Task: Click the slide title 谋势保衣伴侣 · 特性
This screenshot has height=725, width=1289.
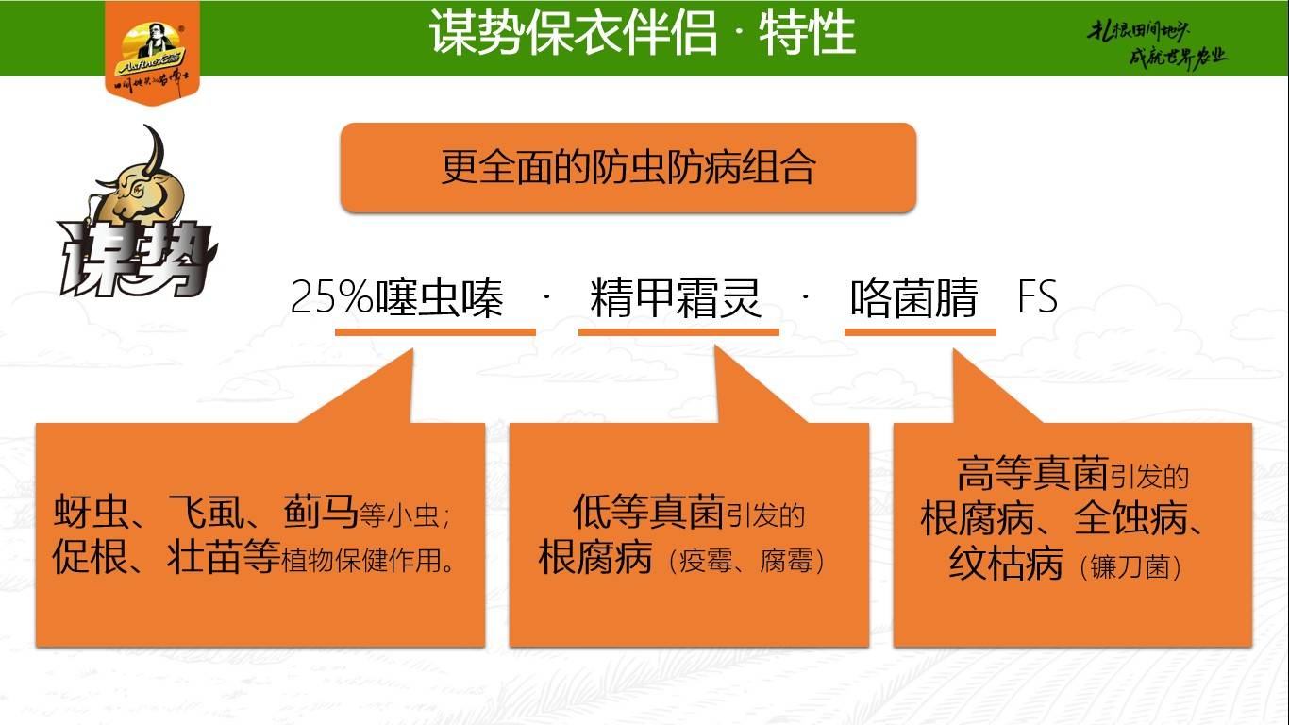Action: coord(643,34)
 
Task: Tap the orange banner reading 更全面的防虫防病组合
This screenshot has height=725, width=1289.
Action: coord(628,168)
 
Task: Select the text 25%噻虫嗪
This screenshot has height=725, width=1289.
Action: coord(396,299)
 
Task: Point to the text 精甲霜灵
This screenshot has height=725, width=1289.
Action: coord(676,299)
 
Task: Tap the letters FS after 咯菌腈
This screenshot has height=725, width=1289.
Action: coord(1037,299)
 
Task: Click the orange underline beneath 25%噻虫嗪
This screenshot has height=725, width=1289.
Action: coord(435,332)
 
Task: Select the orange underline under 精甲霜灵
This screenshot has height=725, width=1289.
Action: coord(678,332)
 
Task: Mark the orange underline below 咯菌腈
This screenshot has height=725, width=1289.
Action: coord(920,332)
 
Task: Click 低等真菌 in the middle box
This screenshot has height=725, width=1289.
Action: coord(648,512)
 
